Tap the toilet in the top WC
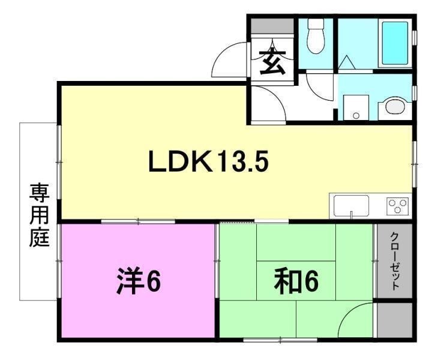(316, 37)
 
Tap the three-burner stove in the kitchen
(397, 207)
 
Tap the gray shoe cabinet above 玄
(272, 27)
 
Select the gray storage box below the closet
(394, 320)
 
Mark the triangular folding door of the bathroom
(346, 62)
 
